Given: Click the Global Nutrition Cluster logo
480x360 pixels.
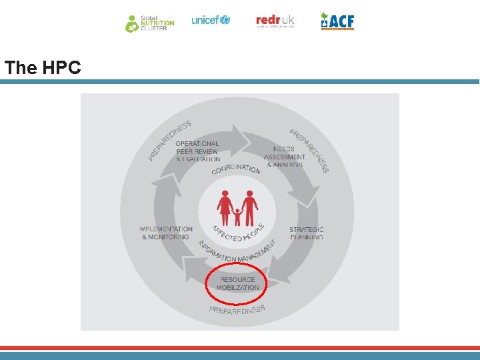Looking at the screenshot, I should [150, 23].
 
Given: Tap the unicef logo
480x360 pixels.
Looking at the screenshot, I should [210, 20].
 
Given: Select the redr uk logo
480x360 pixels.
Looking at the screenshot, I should [275, 21].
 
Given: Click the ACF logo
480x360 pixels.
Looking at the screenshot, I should [337, 21].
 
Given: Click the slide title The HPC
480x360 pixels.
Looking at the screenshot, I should [43, 67].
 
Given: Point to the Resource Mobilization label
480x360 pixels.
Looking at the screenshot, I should [237, 284].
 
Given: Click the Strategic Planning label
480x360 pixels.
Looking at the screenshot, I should [306, 233].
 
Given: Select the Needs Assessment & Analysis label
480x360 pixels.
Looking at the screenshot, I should [285, 157].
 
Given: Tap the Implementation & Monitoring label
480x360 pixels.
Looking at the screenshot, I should [165, 233].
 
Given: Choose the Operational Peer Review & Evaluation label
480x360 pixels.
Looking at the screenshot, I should [197, 151].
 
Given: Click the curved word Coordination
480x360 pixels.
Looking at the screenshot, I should [236, 167].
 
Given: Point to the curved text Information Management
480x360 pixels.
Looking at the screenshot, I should [237, 251].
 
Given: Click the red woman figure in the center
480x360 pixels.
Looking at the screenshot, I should [225, 207].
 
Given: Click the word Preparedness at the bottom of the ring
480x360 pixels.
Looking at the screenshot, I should [237, 309].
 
